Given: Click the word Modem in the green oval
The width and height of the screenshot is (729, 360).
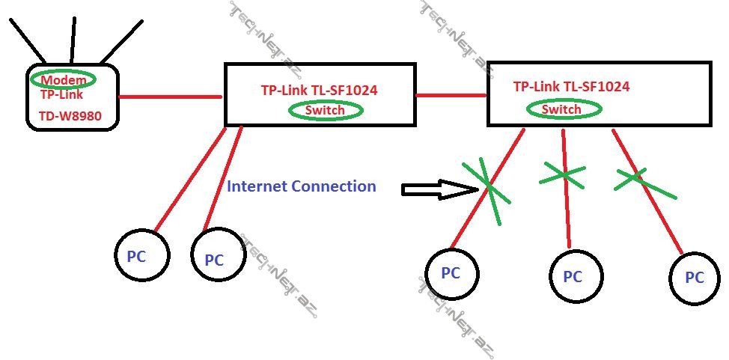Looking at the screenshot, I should [62, 80].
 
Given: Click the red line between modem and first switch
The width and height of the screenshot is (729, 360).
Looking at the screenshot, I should [170, 97].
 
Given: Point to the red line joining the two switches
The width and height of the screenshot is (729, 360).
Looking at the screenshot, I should [451, 95].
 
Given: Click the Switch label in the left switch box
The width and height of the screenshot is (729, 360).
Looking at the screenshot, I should [326, 111].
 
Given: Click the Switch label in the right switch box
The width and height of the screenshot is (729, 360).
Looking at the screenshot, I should [561, 109].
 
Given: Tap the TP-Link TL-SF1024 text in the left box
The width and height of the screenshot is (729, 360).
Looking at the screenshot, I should [319, 91].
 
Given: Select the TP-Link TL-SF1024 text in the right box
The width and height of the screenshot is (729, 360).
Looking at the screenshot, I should [571, 87].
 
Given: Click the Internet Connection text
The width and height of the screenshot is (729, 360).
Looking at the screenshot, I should [301, 186].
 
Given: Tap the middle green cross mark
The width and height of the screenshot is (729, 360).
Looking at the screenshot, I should [563, 174].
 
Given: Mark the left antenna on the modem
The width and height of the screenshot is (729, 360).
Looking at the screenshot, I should [28, 40].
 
